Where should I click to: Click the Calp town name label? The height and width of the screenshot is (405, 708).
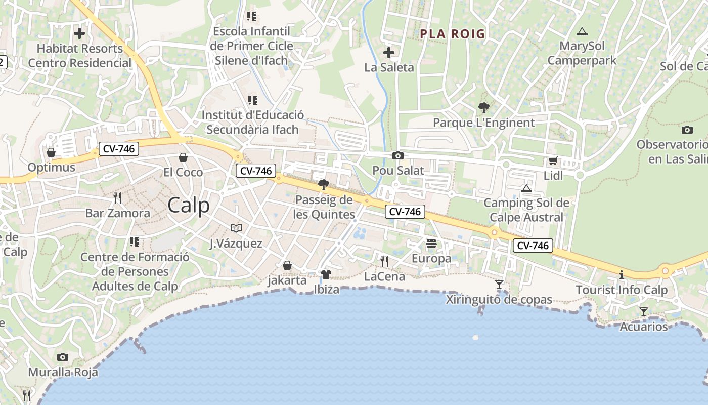pyautogui.click(x=188, y=206)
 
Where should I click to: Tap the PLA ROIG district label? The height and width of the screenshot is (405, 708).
pyautogui.click(x=453, y=34)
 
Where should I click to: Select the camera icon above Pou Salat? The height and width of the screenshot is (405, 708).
pyautogui.click(x=398, y=156)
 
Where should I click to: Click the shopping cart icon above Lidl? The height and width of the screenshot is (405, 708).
pyautogui.click(x=553, y=161)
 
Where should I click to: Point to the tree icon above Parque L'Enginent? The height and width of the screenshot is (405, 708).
pyautogui.click(x=483, y=107)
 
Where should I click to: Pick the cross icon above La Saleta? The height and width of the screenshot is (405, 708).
pyautogui.click(x=388, y=53)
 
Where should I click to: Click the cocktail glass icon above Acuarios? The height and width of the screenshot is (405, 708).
pyautogui.click(x=643, y=312)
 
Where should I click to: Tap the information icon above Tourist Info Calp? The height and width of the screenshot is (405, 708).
pyautogui.click(x=622, y=275)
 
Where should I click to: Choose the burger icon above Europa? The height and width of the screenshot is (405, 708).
pyautogui.click(x=431, y=244)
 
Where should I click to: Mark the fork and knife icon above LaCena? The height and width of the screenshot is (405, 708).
pyautogui.click(x=384, y=262)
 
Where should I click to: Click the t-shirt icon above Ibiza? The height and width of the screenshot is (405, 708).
pyautogui.click(x=326, y=274)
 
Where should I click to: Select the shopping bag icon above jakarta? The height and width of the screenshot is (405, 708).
pyautogui.click(x=287, y=265)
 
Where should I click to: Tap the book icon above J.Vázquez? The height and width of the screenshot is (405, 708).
pyautogui.click(x=236, y=228)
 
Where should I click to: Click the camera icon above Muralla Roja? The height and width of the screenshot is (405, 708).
pyautogui.click(x=63, y=357)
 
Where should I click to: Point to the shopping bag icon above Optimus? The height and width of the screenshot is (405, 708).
pyautogui.click(x=51, y=152)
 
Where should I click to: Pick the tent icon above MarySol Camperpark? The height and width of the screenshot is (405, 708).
pyautogui.click(x=582, y=31)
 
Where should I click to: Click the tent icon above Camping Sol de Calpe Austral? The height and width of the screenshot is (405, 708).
pyautogui.click(x=526, y=189)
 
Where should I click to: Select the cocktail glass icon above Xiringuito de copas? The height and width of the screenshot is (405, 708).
pyautogui.click(x=499, y=285)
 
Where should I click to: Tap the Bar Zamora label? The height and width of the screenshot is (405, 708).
pyautogui.click(x=117, y=213)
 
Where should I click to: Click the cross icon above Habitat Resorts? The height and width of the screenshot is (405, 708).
pyautogui.click(x=79, y=34)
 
